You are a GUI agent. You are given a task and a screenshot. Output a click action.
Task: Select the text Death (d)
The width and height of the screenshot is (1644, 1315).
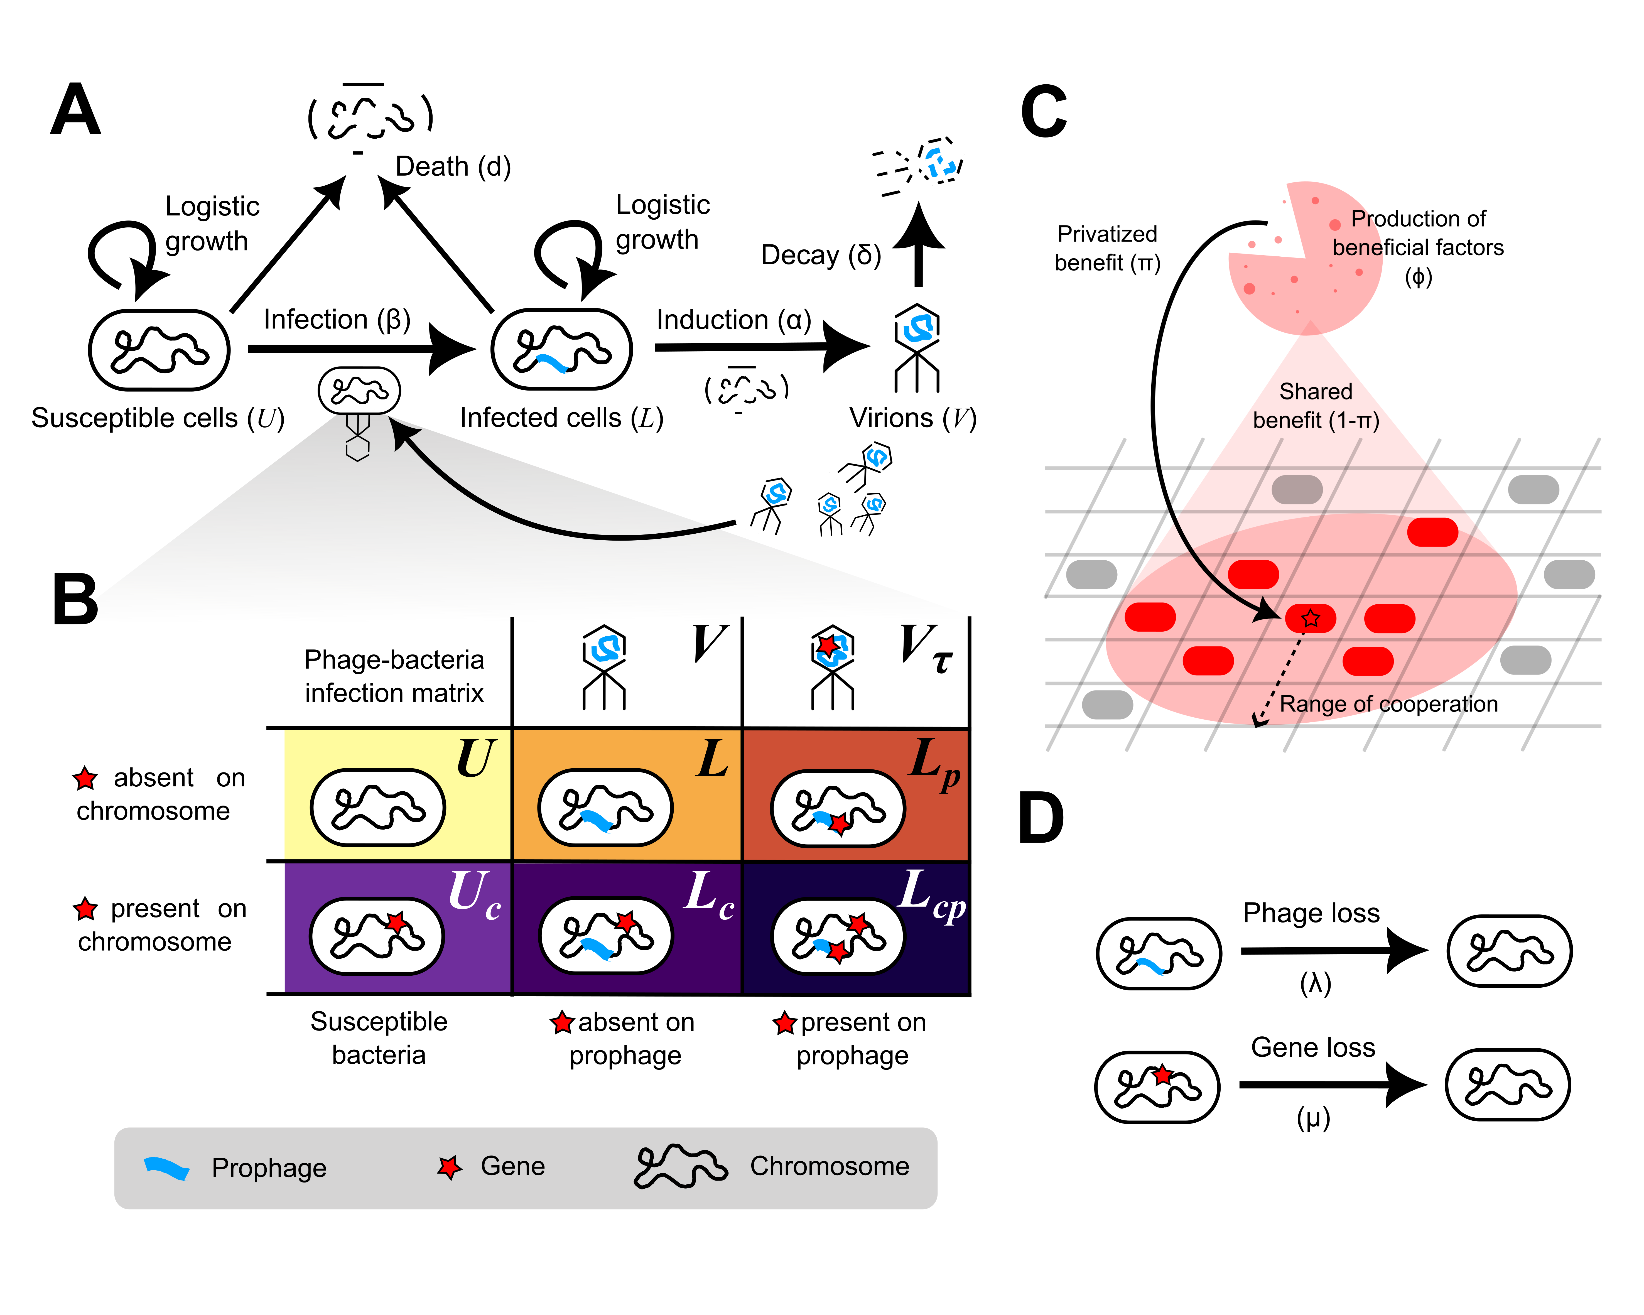click(x=453, y=166)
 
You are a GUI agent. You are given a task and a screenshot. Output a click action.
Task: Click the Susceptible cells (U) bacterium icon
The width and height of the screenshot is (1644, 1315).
click(x=160, y=350)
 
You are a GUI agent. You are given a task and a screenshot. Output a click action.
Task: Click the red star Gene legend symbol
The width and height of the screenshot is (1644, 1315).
click(x=450, y=1166)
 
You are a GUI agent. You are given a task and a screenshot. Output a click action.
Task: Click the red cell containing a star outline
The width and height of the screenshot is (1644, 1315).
click(x=1310, y=618)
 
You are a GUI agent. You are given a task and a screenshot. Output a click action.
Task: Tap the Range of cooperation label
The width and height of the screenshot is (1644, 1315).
click(x=1388, y=704)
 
